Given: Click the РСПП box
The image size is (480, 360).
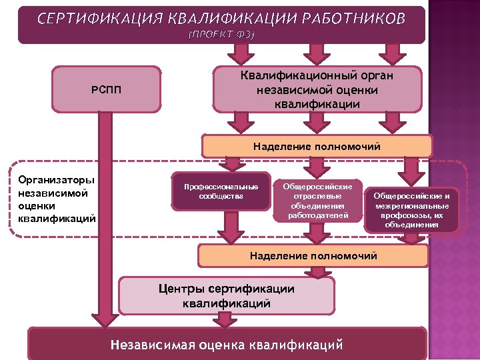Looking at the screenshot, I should click(x=106, y=89).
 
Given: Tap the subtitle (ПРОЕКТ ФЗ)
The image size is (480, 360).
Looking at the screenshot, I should click(x=221, y=34).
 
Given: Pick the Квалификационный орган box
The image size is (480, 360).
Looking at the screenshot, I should click(x=317, y=89).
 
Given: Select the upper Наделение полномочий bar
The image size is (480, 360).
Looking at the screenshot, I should click(x=317, y=146).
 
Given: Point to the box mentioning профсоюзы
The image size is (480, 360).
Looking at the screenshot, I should click(x=411, y=210).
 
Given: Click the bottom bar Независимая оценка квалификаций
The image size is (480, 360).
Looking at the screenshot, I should click(x=227, y=345).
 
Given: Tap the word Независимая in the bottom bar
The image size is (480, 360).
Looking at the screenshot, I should click(x=152, y=345).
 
